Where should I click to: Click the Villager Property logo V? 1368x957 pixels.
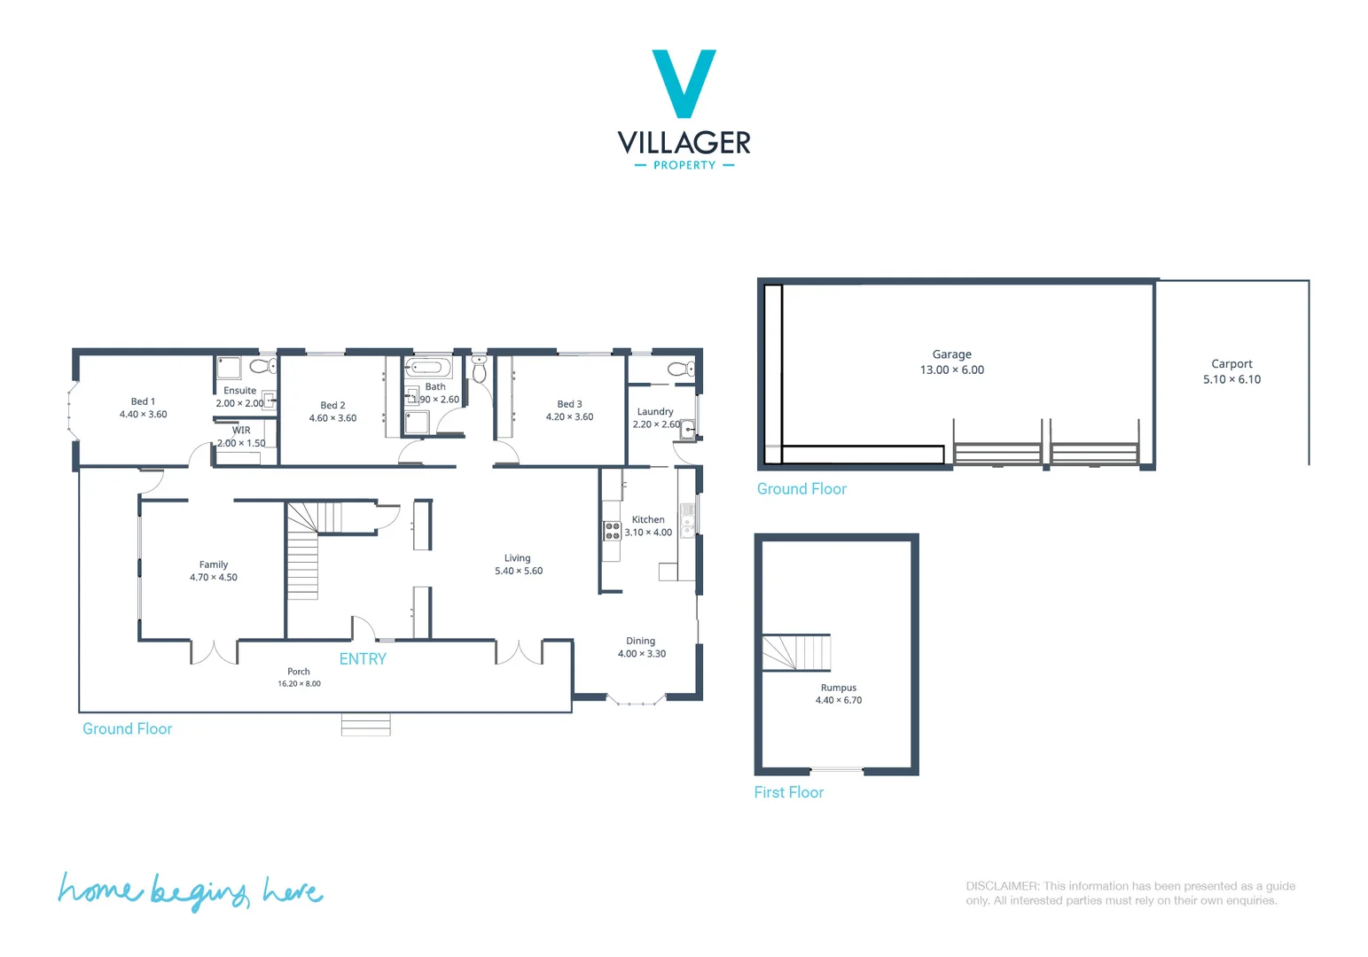(684, 82)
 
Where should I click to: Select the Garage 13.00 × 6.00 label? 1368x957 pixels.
(951, 362)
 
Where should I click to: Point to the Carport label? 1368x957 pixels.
(1231, 364)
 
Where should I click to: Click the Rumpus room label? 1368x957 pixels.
(838, 688)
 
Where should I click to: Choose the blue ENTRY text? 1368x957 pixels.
(363, 659)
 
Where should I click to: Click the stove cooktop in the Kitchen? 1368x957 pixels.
(612, 531)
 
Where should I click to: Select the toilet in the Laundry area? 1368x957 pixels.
(681, 369)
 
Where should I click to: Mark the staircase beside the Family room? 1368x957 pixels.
(303, 554)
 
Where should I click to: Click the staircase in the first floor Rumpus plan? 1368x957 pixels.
(796, 653)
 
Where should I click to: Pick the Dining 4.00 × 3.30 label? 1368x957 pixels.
(641, 648)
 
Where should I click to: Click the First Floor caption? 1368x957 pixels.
(788, 792)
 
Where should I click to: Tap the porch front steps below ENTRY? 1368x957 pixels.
(365, 725)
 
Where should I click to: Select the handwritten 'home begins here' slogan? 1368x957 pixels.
(190, 891)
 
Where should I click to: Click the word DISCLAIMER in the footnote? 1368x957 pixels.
(1002, 886)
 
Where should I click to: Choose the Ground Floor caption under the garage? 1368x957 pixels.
(801, 489)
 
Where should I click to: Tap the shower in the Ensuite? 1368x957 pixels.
(229, 367)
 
